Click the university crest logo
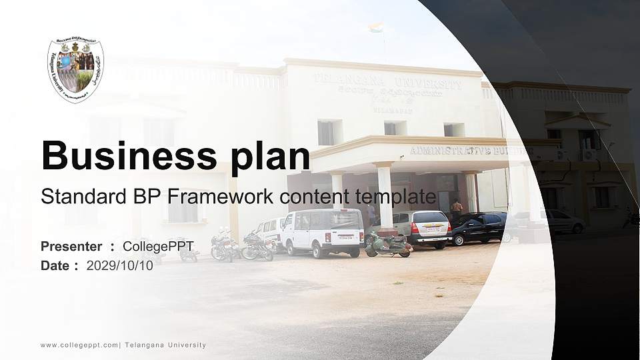click(75, 70)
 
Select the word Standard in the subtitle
click(77, 197)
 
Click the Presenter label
click(71, 247)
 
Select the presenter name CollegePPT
click(158, 247)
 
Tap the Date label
click(55, 265)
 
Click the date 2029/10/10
click(120, 265)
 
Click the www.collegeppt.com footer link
click(79, 345)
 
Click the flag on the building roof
click(377, 28)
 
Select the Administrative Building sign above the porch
click(467, 150)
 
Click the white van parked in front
click(322, 232)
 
